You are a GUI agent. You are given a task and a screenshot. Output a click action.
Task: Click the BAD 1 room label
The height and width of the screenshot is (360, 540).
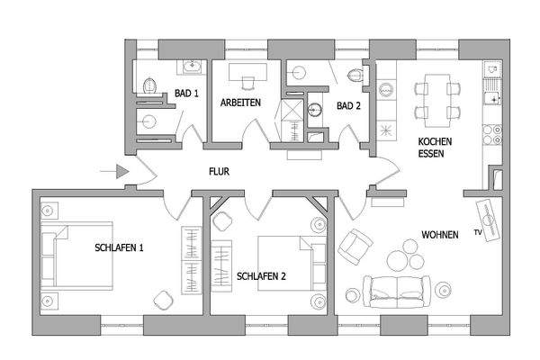point(186,93)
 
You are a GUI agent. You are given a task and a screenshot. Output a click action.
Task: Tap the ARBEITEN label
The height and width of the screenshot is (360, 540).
point(241,103)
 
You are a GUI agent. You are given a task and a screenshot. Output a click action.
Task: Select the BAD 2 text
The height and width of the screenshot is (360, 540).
point(348,105)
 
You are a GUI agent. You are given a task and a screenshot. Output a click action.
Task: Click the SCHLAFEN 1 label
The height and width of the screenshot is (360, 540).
point(120,247)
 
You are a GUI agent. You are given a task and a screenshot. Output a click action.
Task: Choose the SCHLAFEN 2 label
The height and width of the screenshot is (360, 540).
point(261,276)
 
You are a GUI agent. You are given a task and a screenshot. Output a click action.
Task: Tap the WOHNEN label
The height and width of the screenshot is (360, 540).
point(440,235)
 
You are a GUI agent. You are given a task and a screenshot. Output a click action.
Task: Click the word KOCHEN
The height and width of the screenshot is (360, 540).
point(435,141)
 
